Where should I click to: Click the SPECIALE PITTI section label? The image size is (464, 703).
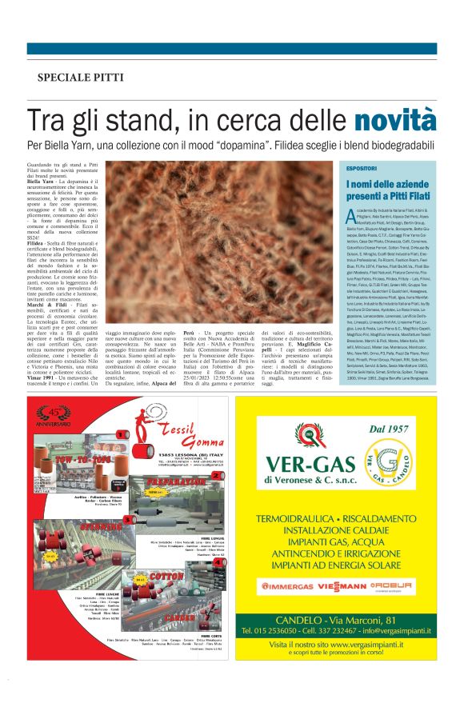pos(80,78)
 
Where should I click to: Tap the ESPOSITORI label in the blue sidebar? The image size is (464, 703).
pos(362,170)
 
